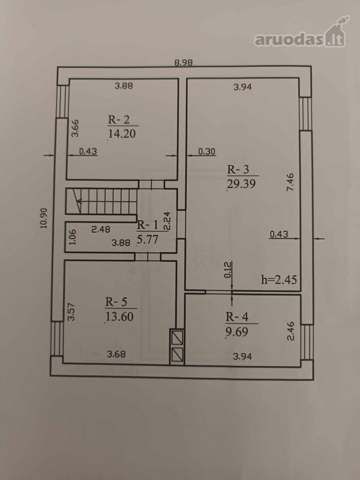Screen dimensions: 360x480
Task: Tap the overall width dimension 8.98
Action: click(x=183, y=63)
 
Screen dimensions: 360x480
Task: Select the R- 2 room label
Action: click(x=118, y=119)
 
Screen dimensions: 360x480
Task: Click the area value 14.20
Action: click(x=122, y=134)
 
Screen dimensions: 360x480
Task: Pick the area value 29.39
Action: click(x=241, y=183)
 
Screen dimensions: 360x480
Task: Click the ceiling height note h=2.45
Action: click(x=279, y=279)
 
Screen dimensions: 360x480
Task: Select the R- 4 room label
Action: click(x=237, y=317)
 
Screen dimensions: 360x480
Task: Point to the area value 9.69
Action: click(x=237, y=332)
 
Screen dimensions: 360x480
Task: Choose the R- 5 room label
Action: click(x=116, y=302)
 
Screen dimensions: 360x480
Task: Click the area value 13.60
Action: click(x=119, y=316)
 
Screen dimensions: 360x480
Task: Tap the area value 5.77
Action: click(x=148, y=239)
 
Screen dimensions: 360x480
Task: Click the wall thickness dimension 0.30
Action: click(x=206, y=151)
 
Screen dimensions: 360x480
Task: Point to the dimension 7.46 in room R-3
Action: click(x=290, y=182)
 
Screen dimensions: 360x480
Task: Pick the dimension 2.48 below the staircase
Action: click(x=101, y=229)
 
